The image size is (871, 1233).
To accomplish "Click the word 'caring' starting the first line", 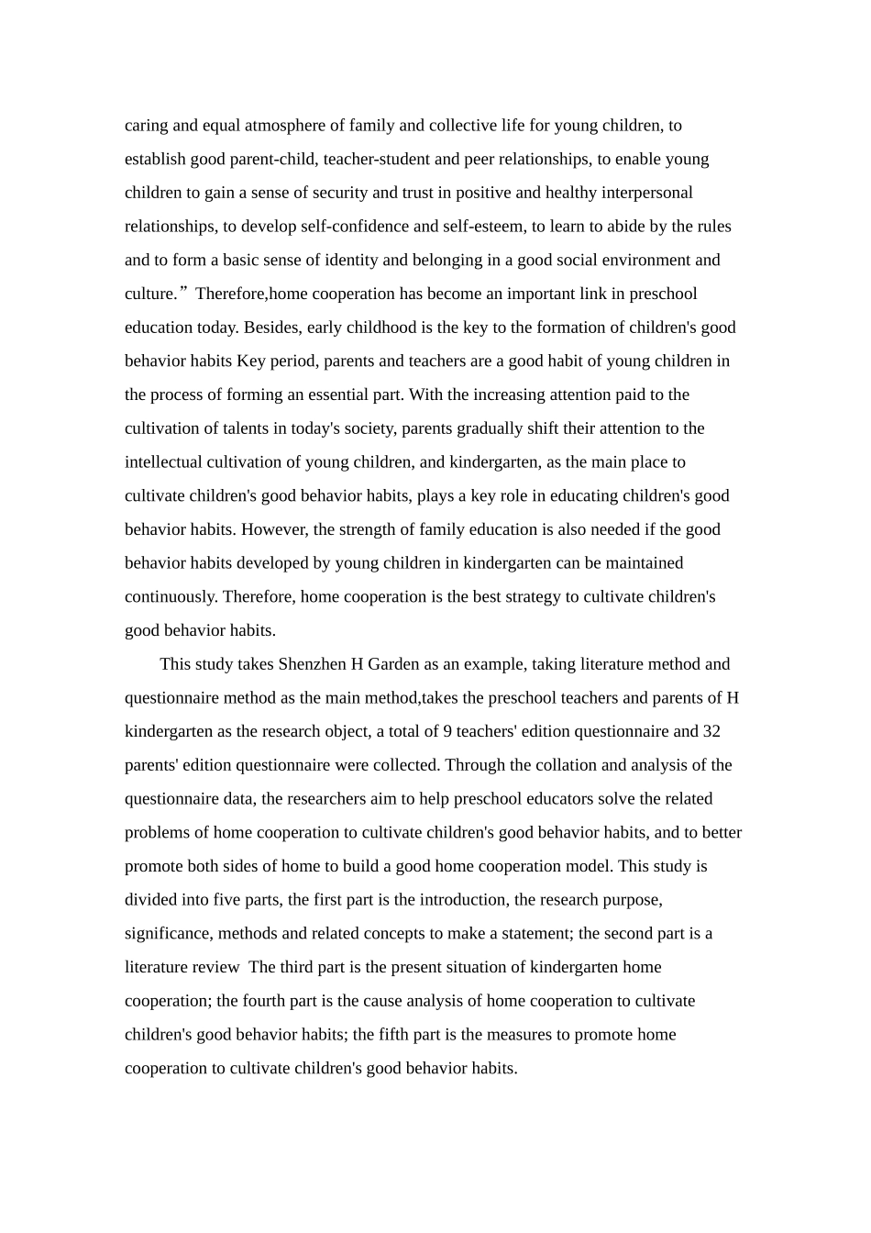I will pyautogui.click(x=147, y=126).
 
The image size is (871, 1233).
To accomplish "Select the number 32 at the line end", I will pyautogui.click(x=711, y=732).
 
